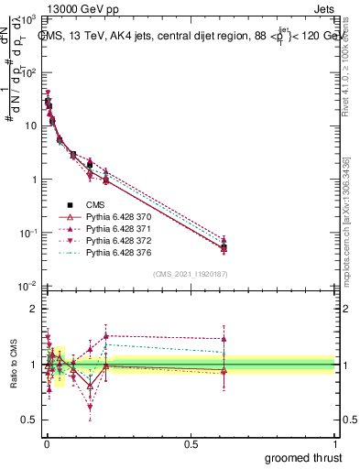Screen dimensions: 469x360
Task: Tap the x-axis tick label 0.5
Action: [x=191, y=442]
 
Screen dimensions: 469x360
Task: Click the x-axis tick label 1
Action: [x=335, y=442]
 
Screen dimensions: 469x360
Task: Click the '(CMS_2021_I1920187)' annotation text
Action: [x=190, y=274]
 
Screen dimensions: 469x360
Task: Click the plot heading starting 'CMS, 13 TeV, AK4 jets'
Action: [x=188, y=37]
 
